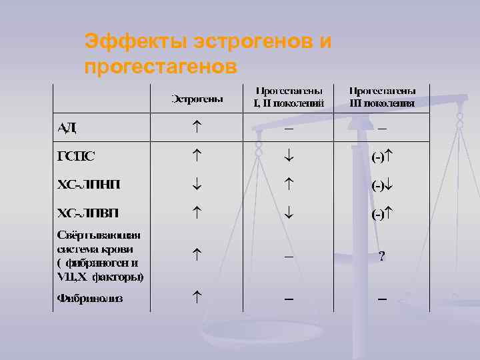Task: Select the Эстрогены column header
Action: (x=198, y=99)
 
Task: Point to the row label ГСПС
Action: (x=75, y=157)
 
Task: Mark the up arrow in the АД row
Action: (x=197, y=125)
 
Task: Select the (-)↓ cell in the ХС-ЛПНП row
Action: (x=382, y=186)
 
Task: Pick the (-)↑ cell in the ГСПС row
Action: (x=382, y=157)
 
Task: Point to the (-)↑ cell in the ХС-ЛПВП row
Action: (x=382, y=215)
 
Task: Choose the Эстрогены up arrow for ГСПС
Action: (x=197, y=154)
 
